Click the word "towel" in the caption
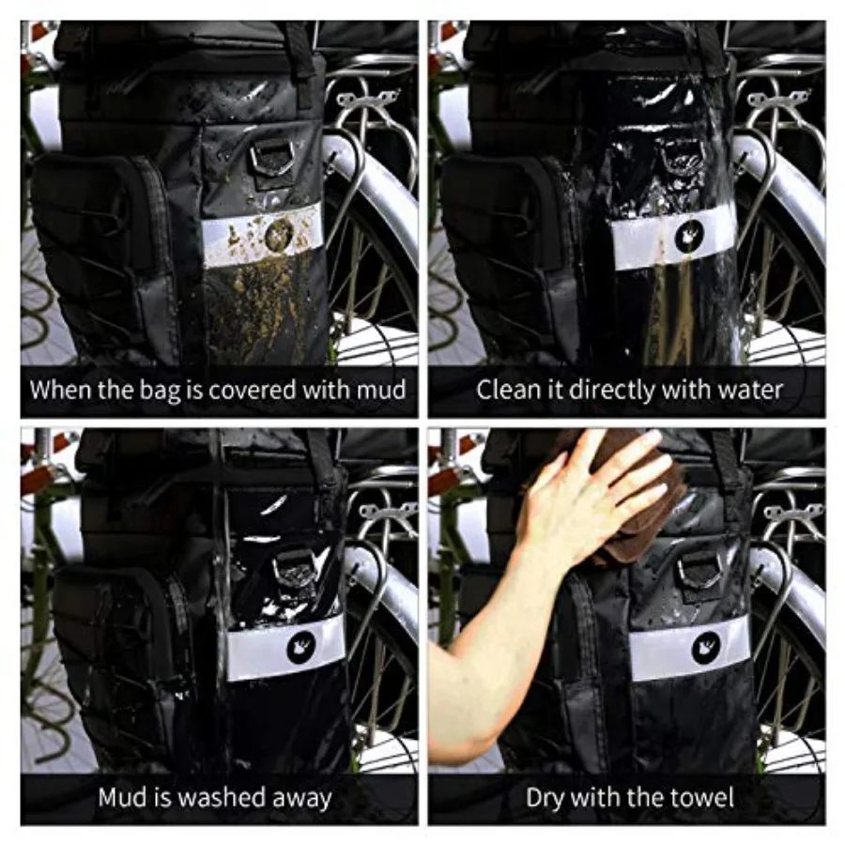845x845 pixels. point(704,797)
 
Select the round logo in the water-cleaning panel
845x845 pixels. point(689,236)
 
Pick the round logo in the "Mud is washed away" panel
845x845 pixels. point(301,647)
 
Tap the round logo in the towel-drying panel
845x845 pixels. point(706,649)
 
